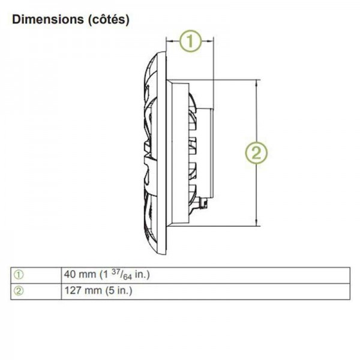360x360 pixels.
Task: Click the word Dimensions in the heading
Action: point(48,19)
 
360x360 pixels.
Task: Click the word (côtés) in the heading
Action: point(109,20)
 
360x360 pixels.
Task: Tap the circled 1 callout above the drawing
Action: point(190,41)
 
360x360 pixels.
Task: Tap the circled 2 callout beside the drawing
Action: point(256,153)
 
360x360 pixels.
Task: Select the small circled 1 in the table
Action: point(19,275)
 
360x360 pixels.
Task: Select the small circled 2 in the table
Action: point(19,291)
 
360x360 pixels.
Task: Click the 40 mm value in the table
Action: point(80,274)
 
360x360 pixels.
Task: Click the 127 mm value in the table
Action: point(83,290)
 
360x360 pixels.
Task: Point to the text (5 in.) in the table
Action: point(119,290)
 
